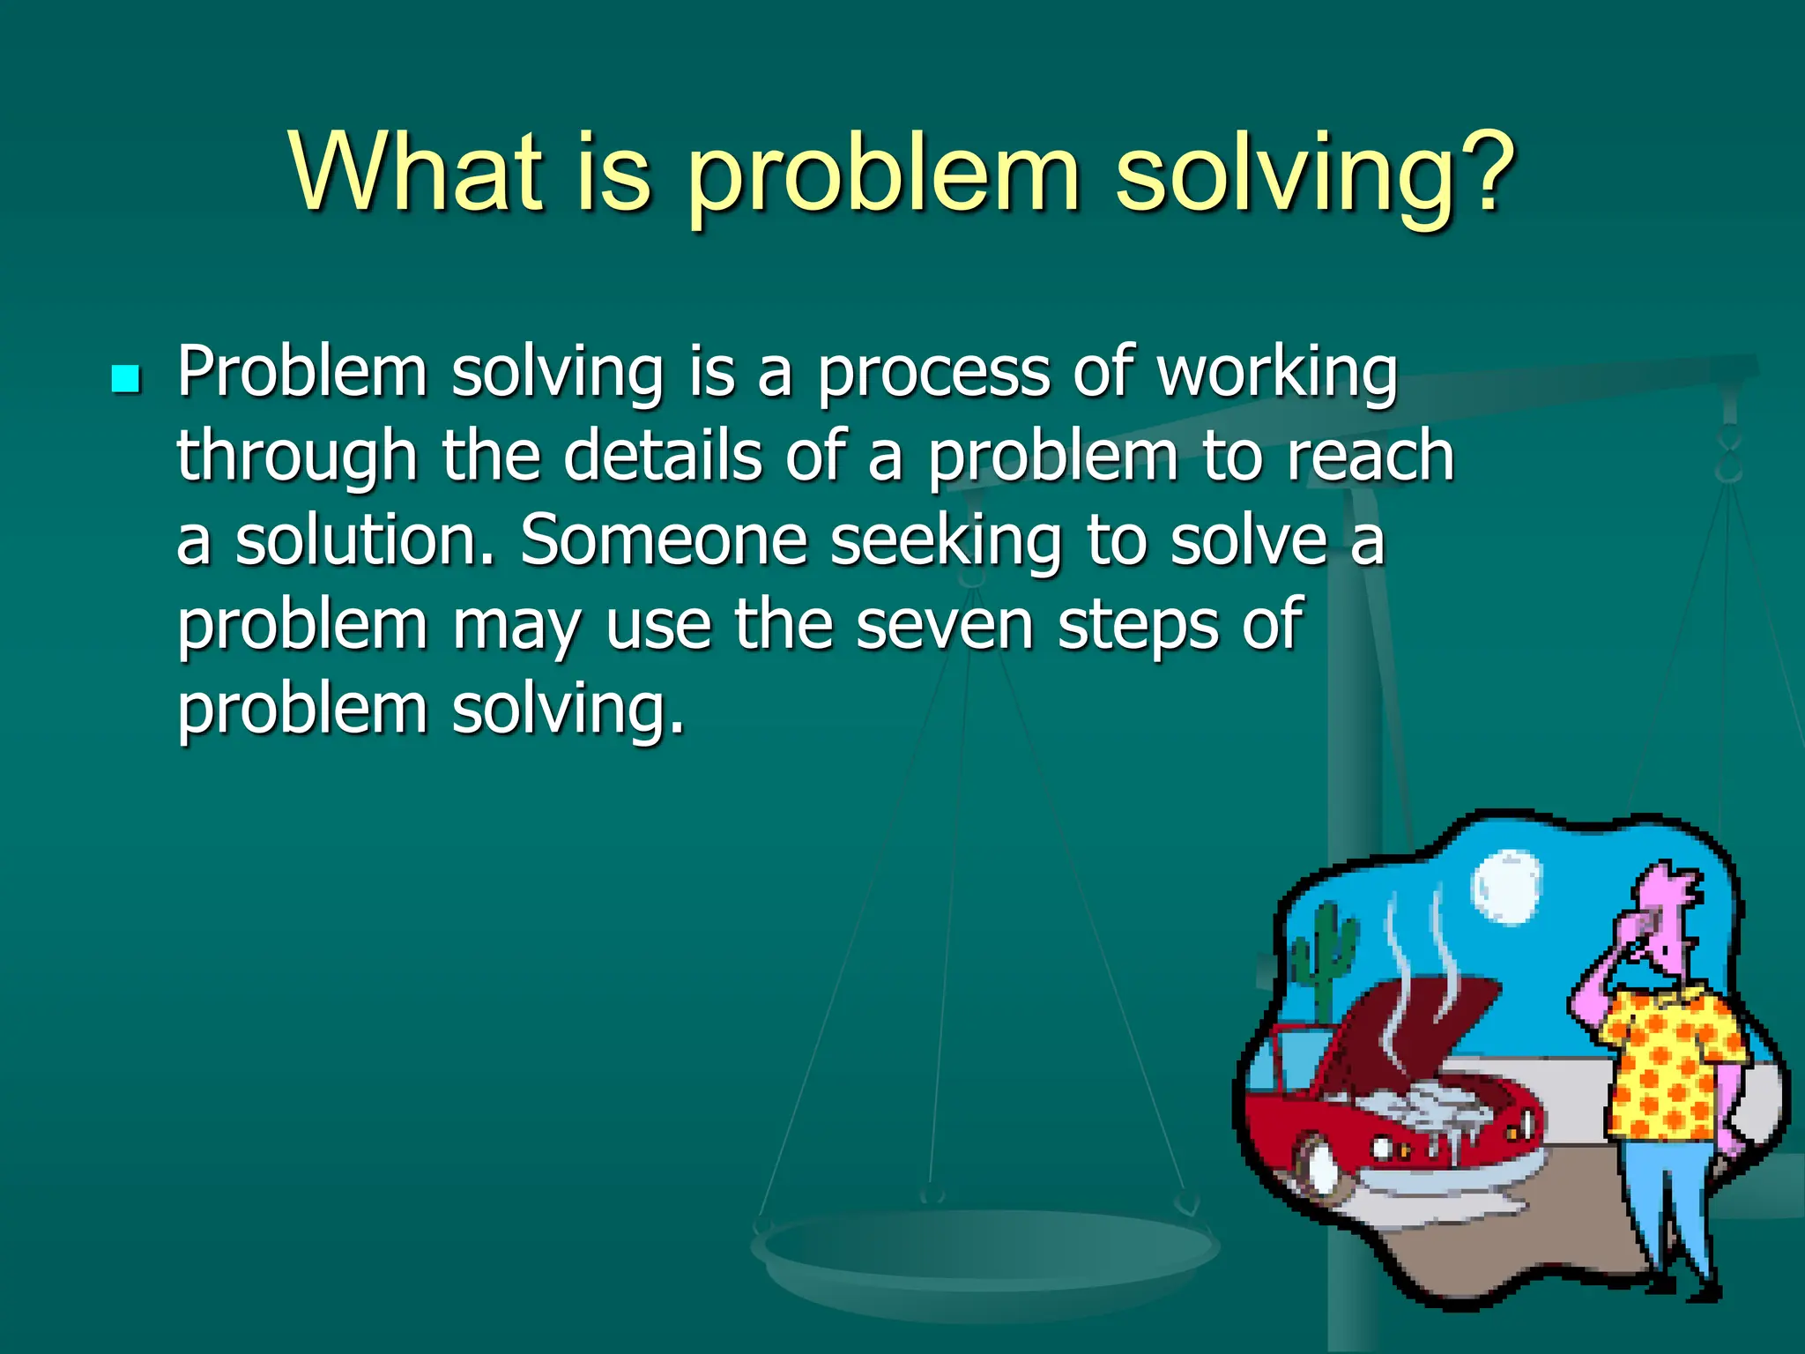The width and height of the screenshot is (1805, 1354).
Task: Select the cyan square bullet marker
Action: pos(126,379)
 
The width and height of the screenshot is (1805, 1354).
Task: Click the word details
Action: pos(663,456)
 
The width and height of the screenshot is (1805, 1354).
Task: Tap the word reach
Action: pos(1370,456)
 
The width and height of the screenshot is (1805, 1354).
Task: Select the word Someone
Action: pos(663,539)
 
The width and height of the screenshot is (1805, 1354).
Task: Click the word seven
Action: pos(944,624)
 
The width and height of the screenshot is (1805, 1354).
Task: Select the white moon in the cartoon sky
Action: pos(1506,886)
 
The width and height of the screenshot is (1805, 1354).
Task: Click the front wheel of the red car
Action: pos(1320,1168)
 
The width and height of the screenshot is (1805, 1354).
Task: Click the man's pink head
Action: pos(1666,917)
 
